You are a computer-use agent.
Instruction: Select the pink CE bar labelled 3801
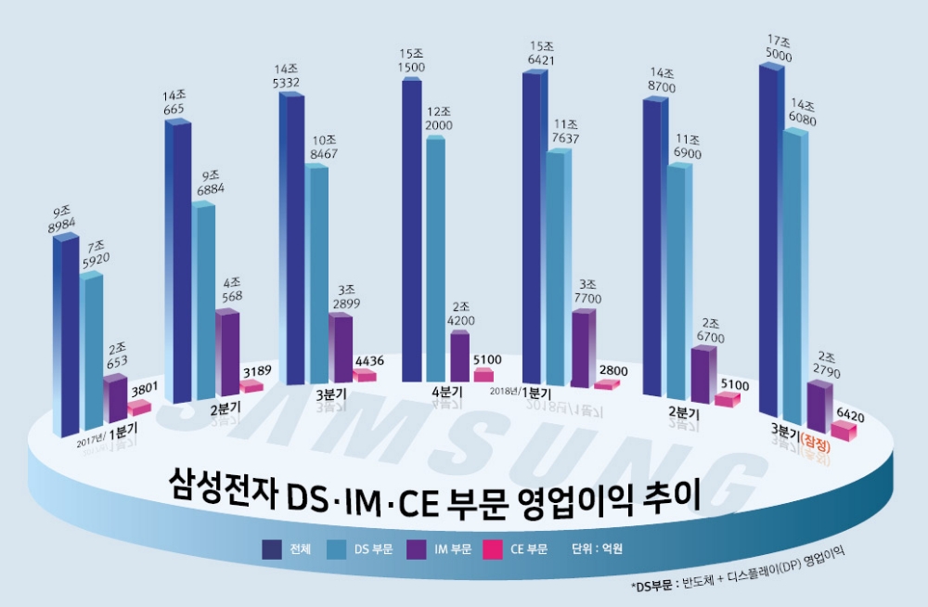pyautogui.click(x=138, y=407)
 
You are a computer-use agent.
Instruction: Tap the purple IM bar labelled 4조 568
pyautogui.click(x=227, y=353)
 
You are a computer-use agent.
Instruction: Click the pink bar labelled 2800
pyautogui.click(x=604, y=384)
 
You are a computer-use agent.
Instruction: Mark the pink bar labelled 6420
pyautogui.click(x=843, y=430)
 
